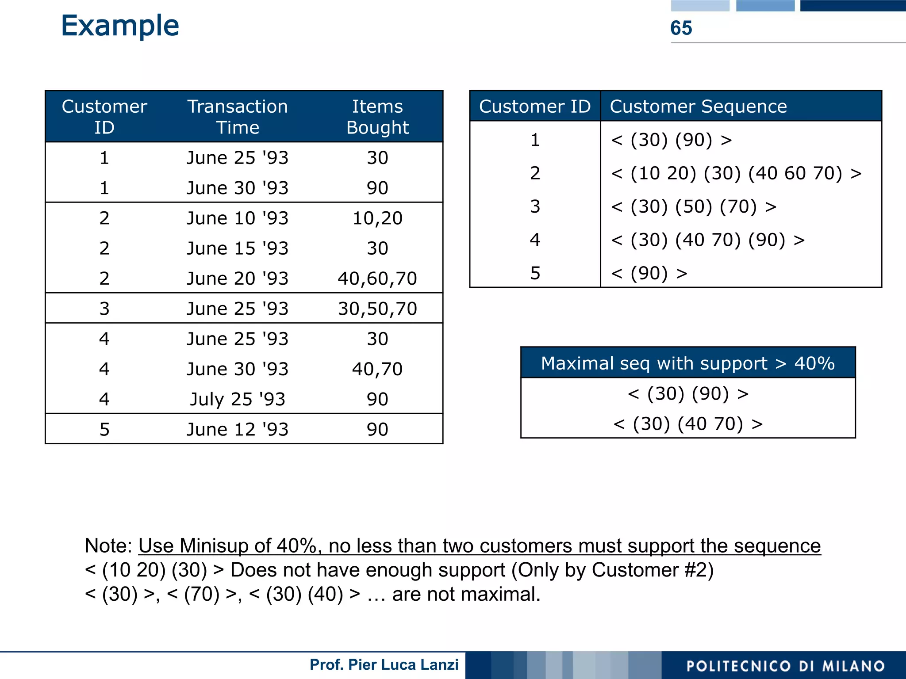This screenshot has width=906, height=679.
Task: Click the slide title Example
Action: [x=120, y=26]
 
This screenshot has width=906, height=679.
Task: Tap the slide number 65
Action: [x=681, y=28]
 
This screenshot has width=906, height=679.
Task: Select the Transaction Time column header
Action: [x=238, y=117]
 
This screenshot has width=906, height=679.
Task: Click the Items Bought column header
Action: [x=377, y=117]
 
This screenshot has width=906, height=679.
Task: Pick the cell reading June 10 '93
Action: [x=238, y=218]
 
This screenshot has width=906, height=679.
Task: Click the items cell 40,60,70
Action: [x=377, y=278]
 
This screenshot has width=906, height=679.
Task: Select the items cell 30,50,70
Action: [x=377, y=309]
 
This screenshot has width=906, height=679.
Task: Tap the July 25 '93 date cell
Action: [x=238, y=399]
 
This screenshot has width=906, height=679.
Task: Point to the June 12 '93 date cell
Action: [x=238, y=429]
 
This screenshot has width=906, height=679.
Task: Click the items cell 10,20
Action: [x=377, y=218]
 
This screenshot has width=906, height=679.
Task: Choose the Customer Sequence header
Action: [x=698, y=107]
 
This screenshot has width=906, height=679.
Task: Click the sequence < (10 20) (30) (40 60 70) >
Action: [x=736, y=173]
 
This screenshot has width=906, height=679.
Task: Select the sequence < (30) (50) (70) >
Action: [x=694, y=206]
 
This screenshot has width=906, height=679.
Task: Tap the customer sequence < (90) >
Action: [x=649, y=273]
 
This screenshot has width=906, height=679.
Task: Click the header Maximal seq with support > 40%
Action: [x=687, y=363]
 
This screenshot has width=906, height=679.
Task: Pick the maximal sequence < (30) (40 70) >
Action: [x=687, y=424]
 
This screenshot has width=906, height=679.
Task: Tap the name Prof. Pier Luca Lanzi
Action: [x=384, y=665]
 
